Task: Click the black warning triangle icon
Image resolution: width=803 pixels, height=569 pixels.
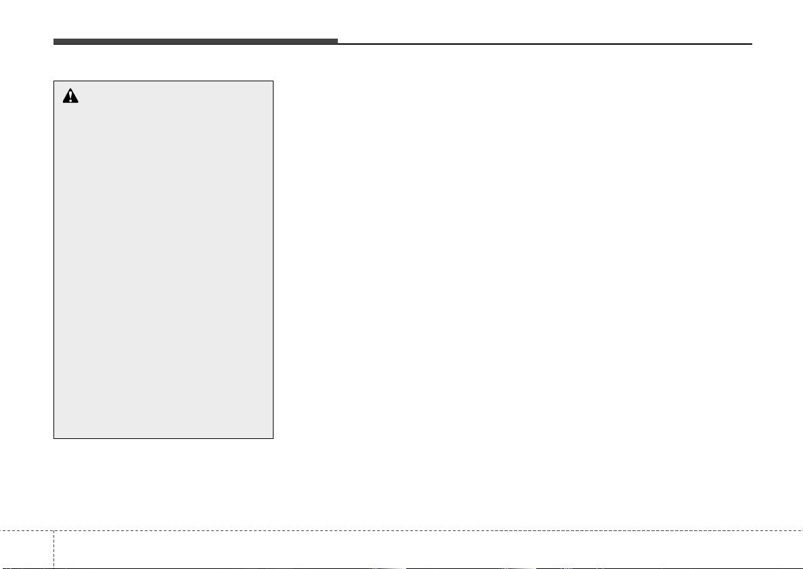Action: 70,96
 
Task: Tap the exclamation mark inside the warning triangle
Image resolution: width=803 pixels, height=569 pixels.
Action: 70,98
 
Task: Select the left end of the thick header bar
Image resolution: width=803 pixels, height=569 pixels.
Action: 55,41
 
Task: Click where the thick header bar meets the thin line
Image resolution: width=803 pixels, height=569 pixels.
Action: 337,43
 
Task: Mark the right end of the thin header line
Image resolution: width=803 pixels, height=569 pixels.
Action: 752,44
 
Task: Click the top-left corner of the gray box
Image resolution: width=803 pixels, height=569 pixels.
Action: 54,81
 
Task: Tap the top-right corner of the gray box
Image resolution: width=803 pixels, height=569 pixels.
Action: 273,81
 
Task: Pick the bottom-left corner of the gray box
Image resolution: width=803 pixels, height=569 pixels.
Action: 54,438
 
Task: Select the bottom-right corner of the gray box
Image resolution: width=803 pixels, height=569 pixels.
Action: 273,438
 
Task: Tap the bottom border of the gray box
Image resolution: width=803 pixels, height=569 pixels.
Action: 163,438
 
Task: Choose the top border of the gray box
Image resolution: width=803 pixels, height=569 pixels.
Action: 163,81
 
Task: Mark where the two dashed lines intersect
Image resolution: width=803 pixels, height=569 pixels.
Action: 53,530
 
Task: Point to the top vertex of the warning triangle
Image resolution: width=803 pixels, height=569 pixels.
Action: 70,89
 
